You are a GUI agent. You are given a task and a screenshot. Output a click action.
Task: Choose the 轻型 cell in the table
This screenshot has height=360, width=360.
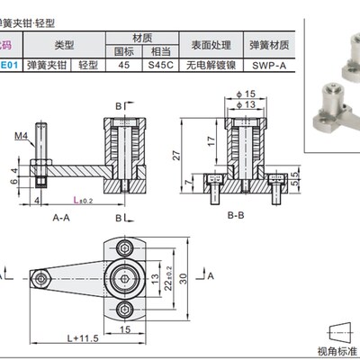click(x=87, y=66)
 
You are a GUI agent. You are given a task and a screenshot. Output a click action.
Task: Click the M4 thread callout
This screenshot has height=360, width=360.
click(x=21, y=137)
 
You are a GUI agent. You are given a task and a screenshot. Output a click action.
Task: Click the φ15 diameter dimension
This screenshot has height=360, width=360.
click(x=249, y=94)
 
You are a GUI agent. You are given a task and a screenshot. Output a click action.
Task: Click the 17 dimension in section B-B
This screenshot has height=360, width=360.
click(x=210, y=142)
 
